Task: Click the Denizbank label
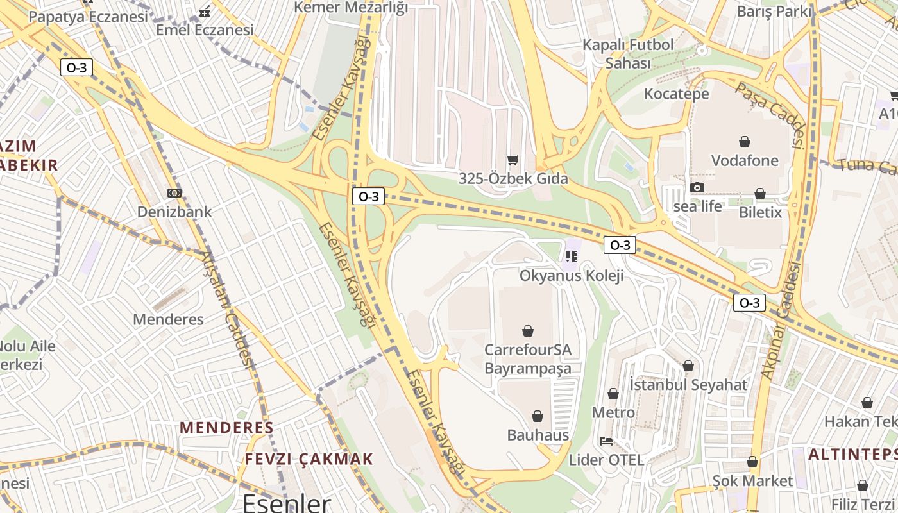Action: click(174, 212)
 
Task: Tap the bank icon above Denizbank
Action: click(174, 193)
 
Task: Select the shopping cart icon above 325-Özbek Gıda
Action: click(513, 160)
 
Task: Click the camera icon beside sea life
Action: click(697, 188)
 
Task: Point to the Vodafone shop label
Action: click(745, 160)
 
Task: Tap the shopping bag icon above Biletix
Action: click(760, 194)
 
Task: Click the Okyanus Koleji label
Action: click(571, 276)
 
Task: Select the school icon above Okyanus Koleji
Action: click(571, 257)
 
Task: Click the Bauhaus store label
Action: click(538, 435)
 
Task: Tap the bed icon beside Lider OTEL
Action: click(606, 441)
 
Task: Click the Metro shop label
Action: click(613, 412)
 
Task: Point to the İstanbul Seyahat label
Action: click(688, 385)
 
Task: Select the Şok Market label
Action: click(752, 481)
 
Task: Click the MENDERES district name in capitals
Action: click(226, 427)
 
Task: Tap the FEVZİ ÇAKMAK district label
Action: click(309, 459)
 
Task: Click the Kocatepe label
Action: click(676, 94)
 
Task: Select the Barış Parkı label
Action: click(774, 12)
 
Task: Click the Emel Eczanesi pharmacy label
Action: click(205, 29)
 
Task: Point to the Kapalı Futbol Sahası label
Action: click(628, 54)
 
